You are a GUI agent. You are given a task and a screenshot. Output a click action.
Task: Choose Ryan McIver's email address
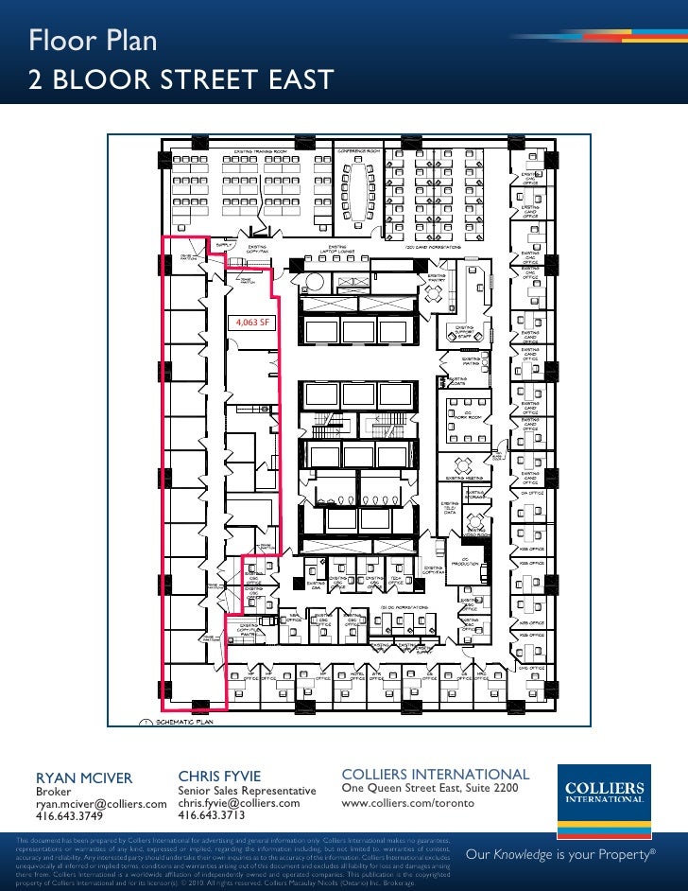pos(101,803)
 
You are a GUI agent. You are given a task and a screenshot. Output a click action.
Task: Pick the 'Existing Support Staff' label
pos(465,332)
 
